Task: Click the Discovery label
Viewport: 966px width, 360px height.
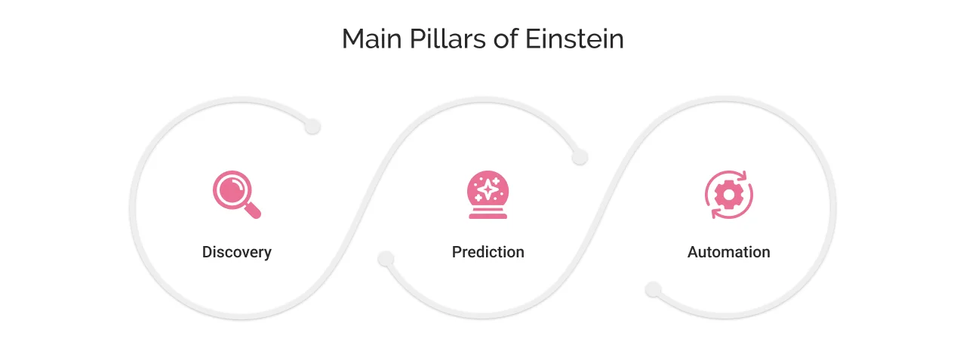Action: click(x=236, y=252)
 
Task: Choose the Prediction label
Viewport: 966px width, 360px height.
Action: click(x=488, y=252)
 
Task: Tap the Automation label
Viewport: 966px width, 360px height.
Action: click(x=728, y=252)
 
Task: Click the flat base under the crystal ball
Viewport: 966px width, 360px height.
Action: click(x=488, y=216)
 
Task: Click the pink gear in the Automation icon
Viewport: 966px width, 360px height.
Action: click(x=728, y=195)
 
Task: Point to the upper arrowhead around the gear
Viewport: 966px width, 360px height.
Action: click(x=741, y=177)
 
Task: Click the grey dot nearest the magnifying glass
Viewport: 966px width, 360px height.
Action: click(x=312, y=127)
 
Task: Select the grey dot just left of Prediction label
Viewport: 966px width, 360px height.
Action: click(x=386, y=259)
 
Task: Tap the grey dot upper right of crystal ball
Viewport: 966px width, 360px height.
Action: click(x=579, y=157)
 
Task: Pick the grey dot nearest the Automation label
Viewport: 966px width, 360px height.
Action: click(x=654, y=290)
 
